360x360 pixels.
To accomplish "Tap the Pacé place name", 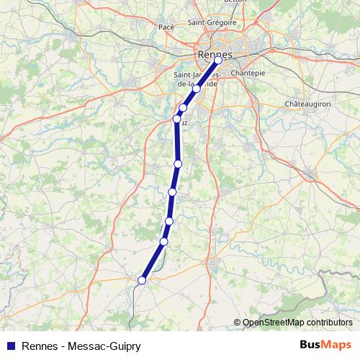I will tap(166, 27).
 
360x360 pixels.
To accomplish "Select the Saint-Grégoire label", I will tap(207, 22).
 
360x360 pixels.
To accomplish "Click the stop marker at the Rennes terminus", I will tap(218, 60).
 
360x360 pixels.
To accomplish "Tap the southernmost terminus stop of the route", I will tap(142, 280).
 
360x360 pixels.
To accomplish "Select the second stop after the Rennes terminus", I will tap(183, 108).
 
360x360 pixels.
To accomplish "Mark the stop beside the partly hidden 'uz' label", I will tap(176, 119).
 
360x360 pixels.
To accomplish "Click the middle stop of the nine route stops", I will tap(177, 164).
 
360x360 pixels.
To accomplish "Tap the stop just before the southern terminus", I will tap(164, 241).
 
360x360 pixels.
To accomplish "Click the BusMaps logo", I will tap(325, 346).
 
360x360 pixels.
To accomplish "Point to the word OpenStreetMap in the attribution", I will tap(274, 323).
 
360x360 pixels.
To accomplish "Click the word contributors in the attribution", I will tap(329, 323).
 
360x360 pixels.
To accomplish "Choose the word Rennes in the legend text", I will tap(40, 346).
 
